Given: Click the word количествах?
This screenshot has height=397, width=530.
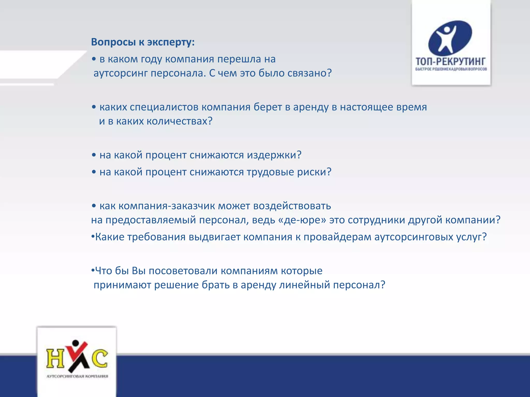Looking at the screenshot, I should [179, 121].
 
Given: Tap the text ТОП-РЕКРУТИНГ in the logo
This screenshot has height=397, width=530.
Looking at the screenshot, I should [451, 62].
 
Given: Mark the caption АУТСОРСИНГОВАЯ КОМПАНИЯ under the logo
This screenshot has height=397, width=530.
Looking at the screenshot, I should [77, 376].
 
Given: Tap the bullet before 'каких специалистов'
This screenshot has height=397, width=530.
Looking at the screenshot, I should [94, 107].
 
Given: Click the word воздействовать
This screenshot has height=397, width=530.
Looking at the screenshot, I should [292, 206].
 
